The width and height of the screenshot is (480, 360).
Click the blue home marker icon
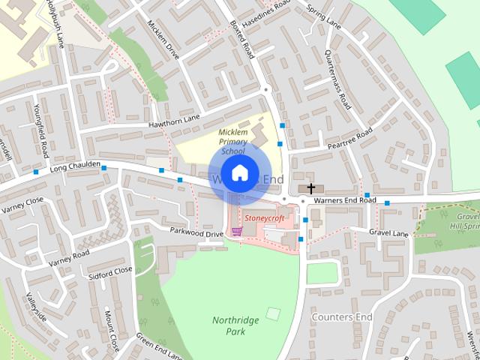(x=239, y=172)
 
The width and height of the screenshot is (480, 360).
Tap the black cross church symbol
(x=310, y=187)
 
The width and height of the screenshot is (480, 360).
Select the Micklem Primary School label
(x=232, y=142)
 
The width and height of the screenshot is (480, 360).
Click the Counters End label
(x=342, y=317)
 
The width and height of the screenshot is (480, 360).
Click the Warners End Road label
(x=345, y=200)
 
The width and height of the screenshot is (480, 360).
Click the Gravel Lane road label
(x=389, y=234)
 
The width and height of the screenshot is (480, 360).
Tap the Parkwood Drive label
(x=196, y=233)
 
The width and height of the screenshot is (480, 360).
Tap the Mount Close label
(x=112, y=329)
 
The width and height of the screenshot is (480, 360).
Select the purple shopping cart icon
(x=237, y=231)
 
